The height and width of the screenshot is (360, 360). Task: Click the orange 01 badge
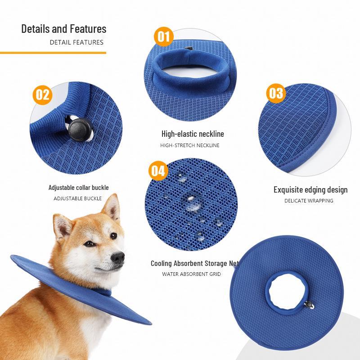tap(163, 36)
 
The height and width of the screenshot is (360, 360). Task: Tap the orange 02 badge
tap(42, 95)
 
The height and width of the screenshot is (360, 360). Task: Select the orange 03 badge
tap(276, 93)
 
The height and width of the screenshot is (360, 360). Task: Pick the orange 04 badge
tap(158, 171)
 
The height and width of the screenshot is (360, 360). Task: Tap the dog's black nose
tap(118, 257)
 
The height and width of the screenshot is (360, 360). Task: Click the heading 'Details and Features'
tap(64, 29)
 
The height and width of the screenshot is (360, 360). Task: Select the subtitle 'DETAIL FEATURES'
tap(76, 42)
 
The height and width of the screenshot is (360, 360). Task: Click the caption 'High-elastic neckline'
tap(193, 134)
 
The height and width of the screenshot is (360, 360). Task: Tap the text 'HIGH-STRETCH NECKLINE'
tap(190, 145)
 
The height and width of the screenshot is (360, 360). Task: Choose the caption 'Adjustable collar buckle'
tap(78, 188)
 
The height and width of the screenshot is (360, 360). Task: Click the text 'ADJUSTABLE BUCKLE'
tap(77, 198)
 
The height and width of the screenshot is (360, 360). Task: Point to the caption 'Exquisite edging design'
tap(310, 190)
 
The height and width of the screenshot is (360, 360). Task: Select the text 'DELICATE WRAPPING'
tap(309, 201)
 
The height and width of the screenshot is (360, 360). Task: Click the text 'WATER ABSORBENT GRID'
tap(192, 274)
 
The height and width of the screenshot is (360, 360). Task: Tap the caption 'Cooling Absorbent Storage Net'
tap(195, 263)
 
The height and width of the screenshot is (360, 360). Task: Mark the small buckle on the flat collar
tap(309, 305)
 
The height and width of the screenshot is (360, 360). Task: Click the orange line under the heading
tap(53, 53)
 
